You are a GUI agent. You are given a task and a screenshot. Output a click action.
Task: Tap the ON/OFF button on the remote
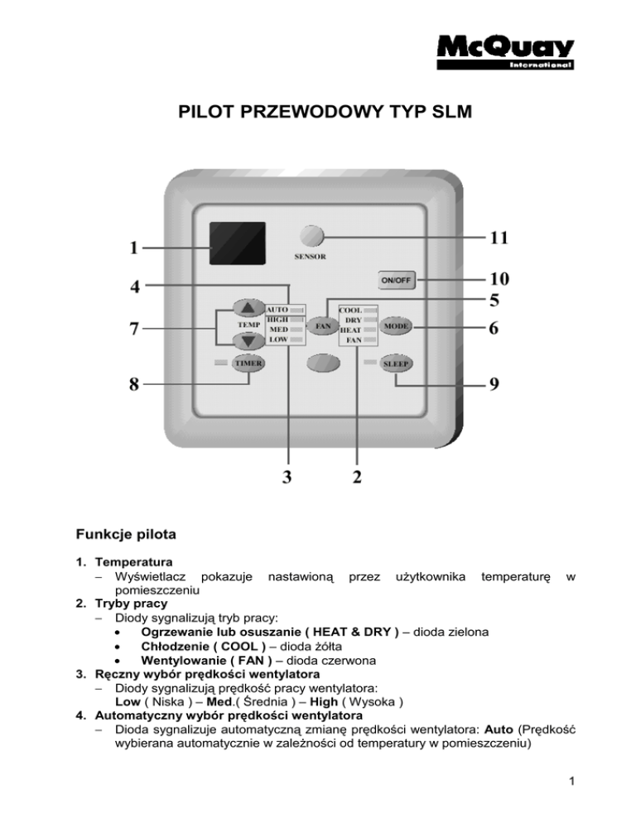click(x=396, y=280)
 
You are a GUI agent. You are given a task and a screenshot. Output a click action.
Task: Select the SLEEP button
click(x=397, y=364)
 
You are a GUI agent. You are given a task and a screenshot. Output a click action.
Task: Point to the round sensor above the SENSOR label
click(x=312, y=236)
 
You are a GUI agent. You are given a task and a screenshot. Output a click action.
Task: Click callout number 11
click(x=497, y=238)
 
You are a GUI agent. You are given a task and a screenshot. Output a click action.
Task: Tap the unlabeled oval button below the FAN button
click(x=323, y=364)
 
